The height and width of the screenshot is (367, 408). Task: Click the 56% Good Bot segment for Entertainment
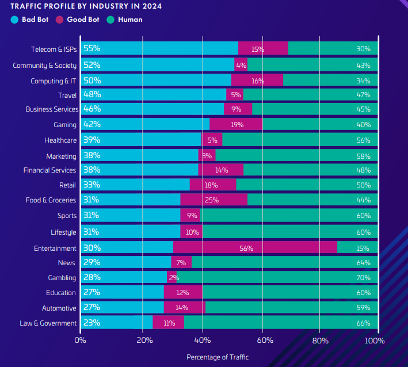coord(254,248)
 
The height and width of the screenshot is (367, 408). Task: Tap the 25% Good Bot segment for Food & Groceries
coord(213,200)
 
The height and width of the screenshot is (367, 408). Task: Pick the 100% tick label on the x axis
coord(375,340)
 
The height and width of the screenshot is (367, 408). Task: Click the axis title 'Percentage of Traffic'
coord(218,357)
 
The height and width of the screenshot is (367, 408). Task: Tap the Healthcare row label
coord(60,140)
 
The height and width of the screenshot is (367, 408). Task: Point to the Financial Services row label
coord(49,170)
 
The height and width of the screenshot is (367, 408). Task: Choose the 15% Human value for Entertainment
coord(363,249)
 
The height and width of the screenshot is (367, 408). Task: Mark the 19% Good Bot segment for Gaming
coord(235,124)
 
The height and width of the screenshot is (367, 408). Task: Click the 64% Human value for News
coord(363,263)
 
